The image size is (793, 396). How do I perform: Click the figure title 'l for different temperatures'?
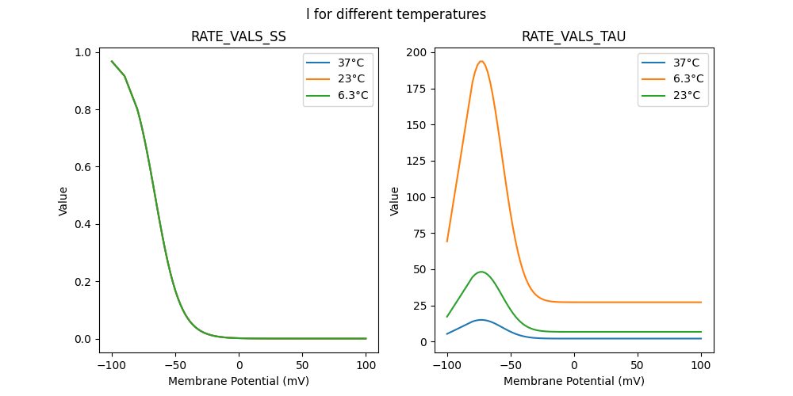point(396,14)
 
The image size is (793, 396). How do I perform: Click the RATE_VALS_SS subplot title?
point(239,36)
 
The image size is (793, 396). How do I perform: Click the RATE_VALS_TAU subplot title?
point(574,36)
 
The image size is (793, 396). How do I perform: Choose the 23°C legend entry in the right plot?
point(687,96)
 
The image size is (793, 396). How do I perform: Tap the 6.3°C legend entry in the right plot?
point(687,79)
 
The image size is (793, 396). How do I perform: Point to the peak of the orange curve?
point(481,61)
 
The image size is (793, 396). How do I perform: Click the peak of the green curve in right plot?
point(481,272)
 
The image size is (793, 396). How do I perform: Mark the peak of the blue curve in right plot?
point(481,320)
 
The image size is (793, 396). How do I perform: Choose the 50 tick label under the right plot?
point(638,365)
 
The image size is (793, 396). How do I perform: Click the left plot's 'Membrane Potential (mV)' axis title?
point(239,381)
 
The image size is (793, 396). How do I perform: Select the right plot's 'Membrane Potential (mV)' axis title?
point(574,381)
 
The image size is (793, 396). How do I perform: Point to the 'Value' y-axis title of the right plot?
point(394,201)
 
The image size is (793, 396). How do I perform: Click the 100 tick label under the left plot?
point(366,365)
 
